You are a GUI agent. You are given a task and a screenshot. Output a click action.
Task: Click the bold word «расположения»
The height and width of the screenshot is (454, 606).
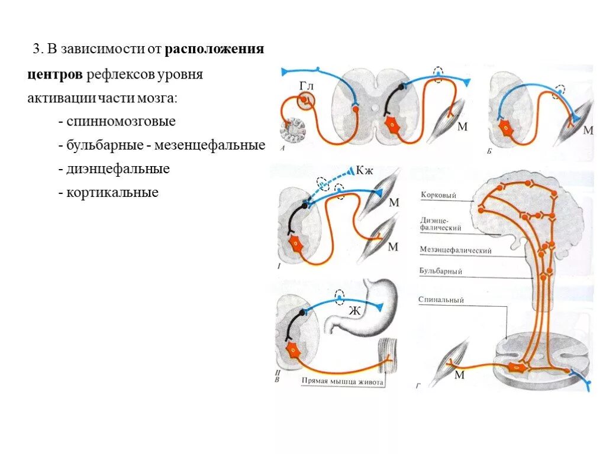coord(214,49)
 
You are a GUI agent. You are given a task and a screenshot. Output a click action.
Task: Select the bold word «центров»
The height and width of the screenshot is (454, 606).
coord(55,75)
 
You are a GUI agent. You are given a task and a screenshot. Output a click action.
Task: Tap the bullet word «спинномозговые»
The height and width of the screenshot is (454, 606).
coord(121,122)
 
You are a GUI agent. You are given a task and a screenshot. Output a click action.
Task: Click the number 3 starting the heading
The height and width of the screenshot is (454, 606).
coord(36,49)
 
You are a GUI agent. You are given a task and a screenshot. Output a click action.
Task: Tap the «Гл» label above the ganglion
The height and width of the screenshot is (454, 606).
coord(305,87)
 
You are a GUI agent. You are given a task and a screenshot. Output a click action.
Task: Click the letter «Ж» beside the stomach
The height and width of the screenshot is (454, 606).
coord(354,312)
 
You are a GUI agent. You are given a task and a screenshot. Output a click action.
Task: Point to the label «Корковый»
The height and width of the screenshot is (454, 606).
coord(437,194)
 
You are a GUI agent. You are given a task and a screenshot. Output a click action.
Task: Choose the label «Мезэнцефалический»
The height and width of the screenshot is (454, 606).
coord(455,251)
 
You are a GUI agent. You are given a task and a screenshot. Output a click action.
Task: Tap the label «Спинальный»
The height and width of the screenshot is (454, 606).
coord(441,300)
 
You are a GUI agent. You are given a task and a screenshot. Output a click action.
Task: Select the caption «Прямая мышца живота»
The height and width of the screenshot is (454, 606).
coord(342,382)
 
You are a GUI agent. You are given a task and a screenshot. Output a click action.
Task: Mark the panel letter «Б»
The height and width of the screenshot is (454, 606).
coord(489,151)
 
